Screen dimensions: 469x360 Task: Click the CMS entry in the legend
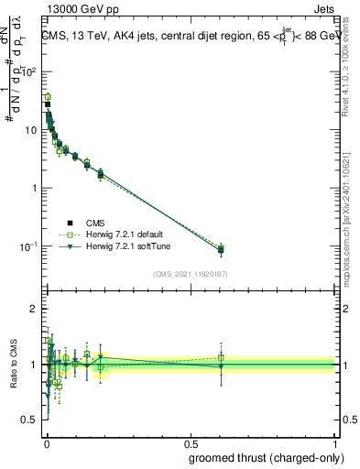coord(94,222)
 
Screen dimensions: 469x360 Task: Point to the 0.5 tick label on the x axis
coord(190,442)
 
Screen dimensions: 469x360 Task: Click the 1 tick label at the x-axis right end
coord(334,442)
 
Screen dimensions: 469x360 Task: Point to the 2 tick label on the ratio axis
coord(35,310)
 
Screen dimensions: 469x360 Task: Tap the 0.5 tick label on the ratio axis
coord(31,420)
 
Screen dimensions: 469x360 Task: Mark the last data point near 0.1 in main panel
coord(221,249)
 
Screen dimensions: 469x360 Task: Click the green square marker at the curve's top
coord(48,97)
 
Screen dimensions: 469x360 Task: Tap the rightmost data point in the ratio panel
coord(221,365)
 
